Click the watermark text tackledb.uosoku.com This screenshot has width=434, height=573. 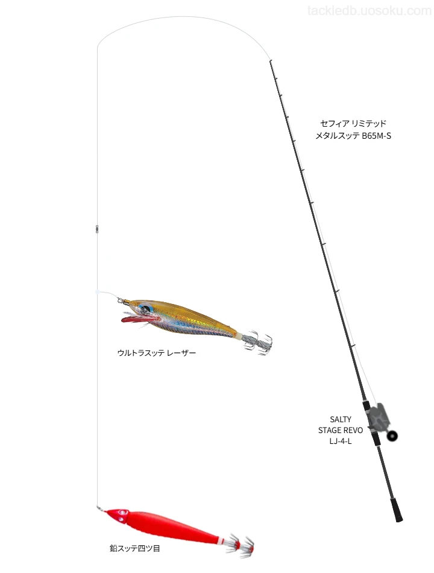(370, 11)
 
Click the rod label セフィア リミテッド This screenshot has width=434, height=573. (353, 123)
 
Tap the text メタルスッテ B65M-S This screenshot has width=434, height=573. (353, 136)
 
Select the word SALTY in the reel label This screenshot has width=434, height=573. (341, 419)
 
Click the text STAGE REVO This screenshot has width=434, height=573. (341, 430)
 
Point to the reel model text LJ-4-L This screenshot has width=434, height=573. (341, 441)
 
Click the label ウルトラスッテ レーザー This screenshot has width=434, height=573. (156, 353)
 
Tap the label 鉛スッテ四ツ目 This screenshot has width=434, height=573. (135, 548)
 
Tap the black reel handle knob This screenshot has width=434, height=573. (392, 435)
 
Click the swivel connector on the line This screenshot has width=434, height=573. (97, 229)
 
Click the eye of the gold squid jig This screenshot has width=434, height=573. (145, 308)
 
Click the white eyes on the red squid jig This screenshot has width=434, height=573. (120, 515)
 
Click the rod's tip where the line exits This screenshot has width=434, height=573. (270, 61)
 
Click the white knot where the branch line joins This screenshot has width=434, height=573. (97, 292)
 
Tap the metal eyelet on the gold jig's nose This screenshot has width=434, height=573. (121, 300)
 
